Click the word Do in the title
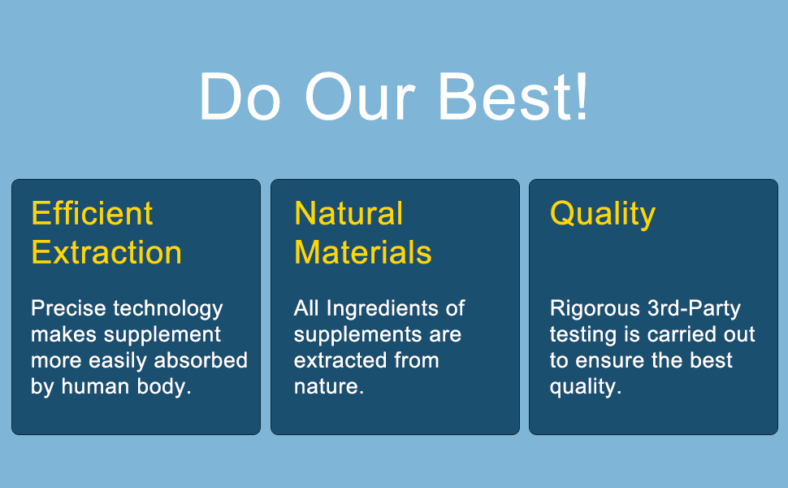[x=240, y=96]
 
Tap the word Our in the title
[x=360, y=96]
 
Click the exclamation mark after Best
[x=582, y=96]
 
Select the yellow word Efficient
[x=92, y=213]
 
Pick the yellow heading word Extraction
[x=106, y=252]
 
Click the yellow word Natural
[x=349, y=213]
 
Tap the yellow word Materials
[x=363, y=252]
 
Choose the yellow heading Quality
[x=603, y=215]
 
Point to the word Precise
[x=69, y=308]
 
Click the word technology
[x=168, y=309]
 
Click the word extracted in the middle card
[x=340, y=360]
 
